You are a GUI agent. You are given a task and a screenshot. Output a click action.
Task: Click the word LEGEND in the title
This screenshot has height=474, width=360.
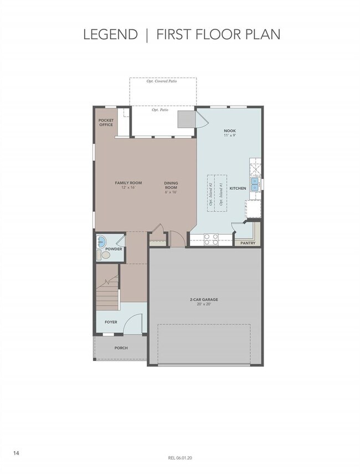(110, 34)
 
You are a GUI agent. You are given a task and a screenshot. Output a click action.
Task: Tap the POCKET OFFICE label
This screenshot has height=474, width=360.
(106, 122)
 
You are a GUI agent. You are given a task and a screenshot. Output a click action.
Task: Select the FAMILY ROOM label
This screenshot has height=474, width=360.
(128, 185)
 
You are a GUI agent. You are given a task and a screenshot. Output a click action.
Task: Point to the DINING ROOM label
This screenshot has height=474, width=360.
(171, 188)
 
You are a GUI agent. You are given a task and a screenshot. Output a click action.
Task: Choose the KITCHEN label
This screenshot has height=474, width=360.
(238, 189)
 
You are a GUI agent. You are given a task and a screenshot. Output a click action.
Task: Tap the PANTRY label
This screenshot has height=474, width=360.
(248, 243)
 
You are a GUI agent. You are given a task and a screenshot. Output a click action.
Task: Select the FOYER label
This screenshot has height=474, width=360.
(111, 322)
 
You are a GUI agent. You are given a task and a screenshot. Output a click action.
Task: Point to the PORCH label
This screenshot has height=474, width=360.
(121, 348)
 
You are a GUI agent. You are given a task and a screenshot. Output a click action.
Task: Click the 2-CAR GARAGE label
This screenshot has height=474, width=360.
(204, 301)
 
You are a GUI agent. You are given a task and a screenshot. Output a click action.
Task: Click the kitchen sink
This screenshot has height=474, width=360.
(255, 184)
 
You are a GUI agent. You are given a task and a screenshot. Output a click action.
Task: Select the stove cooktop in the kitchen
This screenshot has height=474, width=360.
(211, 239)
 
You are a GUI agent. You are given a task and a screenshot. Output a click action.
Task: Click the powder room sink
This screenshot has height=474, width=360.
(101, 243)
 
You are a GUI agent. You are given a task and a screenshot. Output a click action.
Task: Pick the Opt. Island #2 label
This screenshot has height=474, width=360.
(212, 194)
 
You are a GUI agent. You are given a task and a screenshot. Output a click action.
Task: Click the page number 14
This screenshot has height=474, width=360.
(16, 453)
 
